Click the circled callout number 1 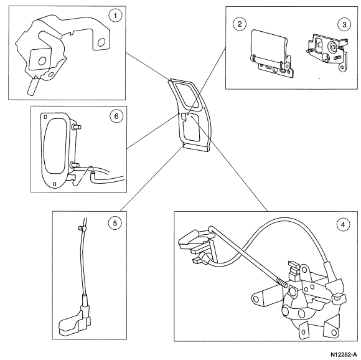115,16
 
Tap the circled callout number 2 240,24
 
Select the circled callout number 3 344,24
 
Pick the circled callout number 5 115,223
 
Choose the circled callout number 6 116,116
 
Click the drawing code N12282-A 345,354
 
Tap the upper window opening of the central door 187,95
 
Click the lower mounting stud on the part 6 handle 75,165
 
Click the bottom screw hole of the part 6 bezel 55,184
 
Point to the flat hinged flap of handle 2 268,46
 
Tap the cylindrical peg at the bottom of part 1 32,87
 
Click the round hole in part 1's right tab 101,42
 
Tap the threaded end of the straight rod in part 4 282,282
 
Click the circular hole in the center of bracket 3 332,47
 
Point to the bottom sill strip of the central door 196,148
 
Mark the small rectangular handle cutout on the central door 184,117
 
